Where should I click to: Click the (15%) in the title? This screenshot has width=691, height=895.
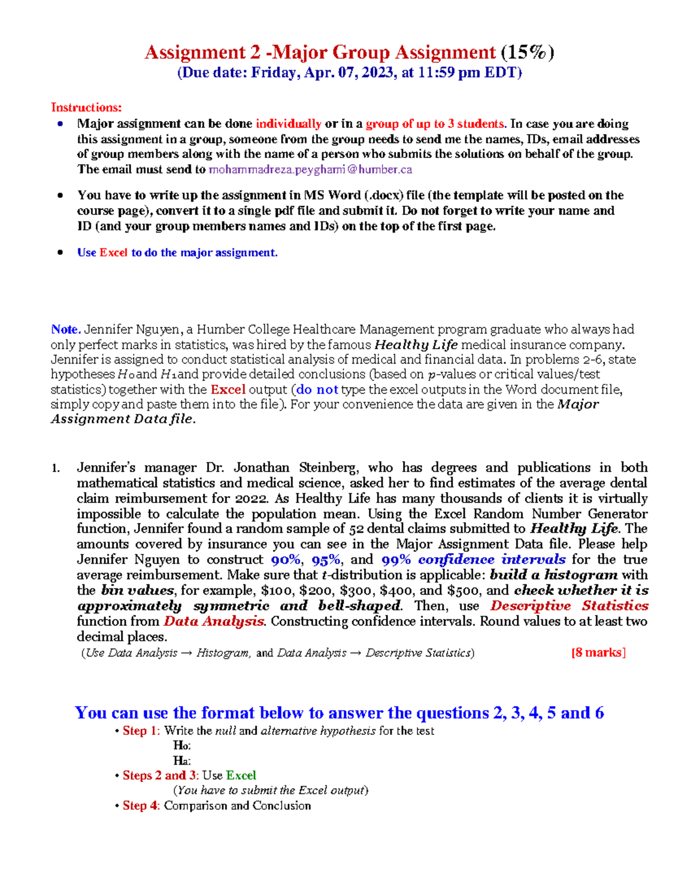click(x=527, y=52)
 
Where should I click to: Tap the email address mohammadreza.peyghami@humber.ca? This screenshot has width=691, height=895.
click(x=310, y=169)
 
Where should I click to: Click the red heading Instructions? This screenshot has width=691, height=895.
click(x=86, y=107)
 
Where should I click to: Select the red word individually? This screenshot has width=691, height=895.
click(x=288, y=123)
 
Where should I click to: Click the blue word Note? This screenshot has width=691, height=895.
click(x=65, y=329)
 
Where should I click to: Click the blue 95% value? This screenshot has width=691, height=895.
click(x=326, y=560)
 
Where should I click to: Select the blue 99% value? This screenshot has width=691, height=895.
click(x=396, y=560)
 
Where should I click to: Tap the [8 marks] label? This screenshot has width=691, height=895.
click(x=598, y=652)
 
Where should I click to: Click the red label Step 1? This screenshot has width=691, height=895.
click(x=140, y=731)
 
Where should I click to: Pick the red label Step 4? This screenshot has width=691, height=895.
click(x=140, y=806)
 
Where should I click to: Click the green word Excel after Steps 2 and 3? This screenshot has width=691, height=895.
click(x=241, y=775)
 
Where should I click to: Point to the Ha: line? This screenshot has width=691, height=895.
click(x=182, y=761)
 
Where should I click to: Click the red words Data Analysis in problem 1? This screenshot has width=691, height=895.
click(x=214, y=621)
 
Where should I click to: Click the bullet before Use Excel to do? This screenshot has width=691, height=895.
click(x=60, y=252)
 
